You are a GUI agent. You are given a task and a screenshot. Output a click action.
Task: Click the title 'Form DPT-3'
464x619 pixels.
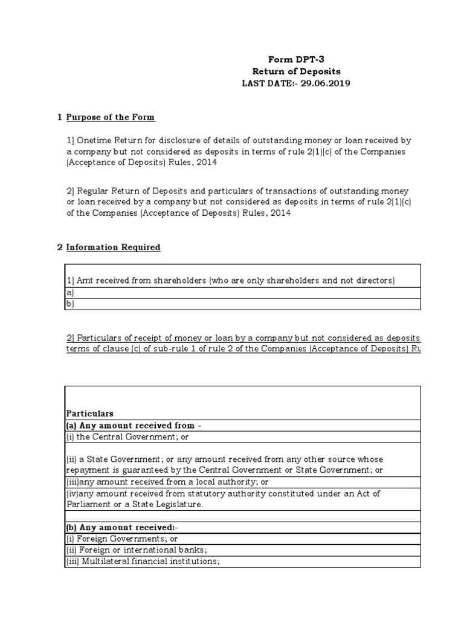point(296,59)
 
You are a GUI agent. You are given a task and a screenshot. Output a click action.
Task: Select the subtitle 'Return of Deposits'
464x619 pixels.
point(296,71)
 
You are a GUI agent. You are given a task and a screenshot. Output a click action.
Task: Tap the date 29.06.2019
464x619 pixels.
point(322,83)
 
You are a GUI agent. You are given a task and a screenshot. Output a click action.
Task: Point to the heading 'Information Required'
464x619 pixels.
point(113,247)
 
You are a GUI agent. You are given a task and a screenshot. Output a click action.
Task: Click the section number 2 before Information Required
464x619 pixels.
point(59,247)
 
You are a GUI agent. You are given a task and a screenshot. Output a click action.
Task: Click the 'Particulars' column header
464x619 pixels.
point(89,414)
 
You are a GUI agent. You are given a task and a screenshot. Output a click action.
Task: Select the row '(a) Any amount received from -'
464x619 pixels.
point(133,426)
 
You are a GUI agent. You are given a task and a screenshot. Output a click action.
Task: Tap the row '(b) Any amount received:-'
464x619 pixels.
point(121,527)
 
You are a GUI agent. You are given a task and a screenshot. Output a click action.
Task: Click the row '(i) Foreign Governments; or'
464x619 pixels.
point(121,539)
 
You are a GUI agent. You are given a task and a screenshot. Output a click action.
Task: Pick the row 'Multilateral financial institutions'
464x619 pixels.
point(142,562)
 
